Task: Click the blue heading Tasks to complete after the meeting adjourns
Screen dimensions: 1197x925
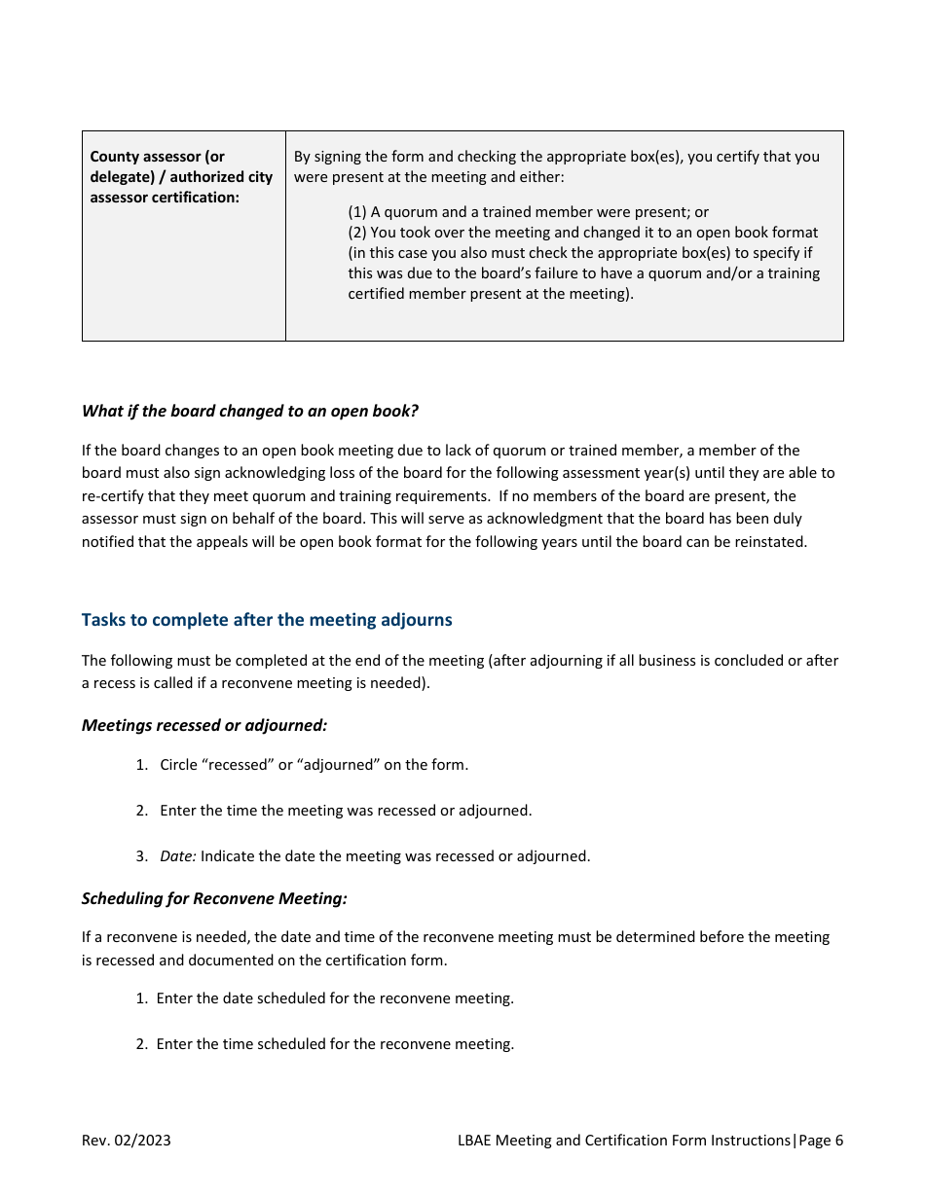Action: (267, 620)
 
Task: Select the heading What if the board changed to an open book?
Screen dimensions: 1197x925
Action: (250, 411)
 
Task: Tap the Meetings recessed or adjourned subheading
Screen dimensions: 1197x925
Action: (204, 725)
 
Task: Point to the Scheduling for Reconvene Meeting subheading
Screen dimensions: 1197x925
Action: (214, 898)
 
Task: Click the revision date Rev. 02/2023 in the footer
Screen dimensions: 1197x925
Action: (126, 1141)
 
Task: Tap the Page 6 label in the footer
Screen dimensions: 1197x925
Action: (821, 1141)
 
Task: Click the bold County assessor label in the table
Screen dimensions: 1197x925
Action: (157, 157)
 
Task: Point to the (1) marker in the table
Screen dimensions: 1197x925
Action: (357, 212)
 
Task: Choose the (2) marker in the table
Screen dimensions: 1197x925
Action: (357, 233)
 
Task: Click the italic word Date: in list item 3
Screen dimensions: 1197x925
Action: (178, 856)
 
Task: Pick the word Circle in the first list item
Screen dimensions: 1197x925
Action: (179, 764)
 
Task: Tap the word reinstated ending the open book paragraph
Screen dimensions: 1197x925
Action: (770, 542)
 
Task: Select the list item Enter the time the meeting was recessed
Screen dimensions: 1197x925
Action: (346, 810)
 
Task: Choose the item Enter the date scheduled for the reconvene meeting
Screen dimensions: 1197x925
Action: (334, 997)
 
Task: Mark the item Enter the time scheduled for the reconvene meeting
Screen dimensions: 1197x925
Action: (334, 1043)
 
